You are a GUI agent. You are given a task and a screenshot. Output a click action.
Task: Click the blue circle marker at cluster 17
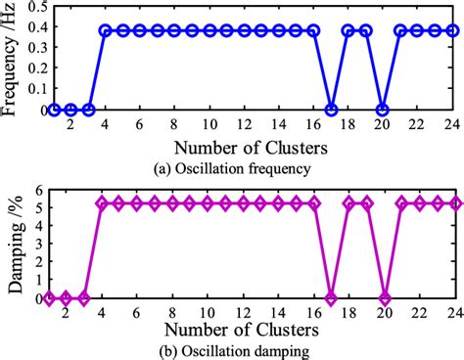click(331, 110)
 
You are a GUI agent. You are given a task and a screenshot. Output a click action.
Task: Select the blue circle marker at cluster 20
click(383, 110)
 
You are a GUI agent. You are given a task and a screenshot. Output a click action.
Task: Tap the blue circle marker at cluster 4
click(106, 30)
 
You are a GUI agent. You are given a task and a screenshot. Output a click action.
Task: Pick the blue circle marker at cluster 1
click(54, 110)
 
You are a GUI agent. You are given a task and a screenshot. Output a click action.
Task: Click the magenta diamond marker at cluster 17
click(331, 298)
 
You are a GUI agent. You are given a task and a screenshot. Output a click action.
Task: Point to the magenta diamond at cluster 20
click(385, 298)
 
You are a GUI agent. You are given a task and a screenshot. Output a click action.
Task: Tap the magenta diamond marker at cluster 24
click(455, 203)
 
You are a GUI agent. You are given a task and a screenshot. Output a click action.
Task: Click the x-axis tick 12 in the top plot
click(244, 126)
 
